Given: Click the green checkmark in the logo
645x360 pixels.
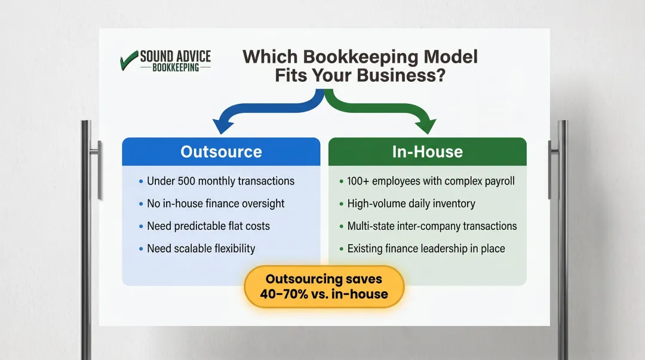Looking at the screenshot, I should tap(128, 61).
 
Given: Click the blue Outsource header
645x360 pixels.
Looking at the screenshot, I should tap(221, 152).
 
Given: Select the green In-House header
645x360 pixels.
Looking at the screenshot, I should tap(427, 152).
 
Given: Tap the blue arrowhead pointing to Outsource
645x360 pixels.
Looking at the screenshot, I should tap(222, 125).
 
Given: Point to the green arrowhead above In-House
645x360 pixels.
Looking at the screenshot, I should tap(428, 125).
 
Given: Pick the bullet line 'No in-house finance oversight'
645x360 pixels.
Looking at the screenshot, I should tap(216, 204).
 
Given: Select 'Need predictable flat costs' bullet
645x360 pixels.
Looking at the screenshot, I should tap(208, 226).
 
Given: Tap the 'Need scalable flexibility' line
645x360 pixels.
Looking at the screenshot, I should tap(201, 248).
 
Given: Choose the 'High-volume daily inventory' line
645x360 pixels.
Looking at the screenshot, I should tap(411, 204).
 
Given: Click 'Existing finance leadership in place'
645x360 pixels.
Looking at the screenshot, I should tap(426, 248).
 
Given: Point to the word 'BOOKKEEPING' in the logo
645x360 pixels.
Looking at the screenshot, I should tap(176, 67).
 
